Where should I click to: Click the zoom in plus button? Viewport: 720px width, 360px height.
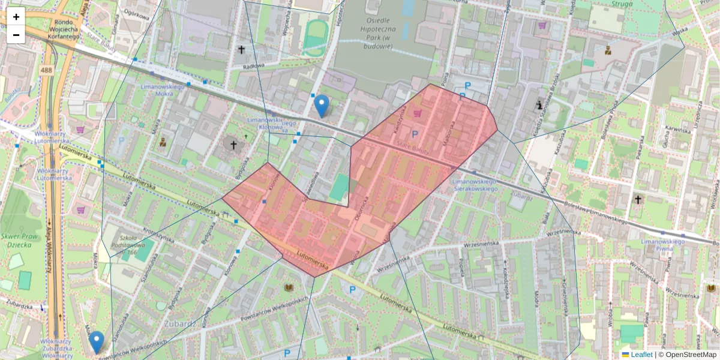pos(16,17)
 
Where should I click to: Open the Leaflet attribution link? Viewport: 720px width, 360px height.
pos(641,355)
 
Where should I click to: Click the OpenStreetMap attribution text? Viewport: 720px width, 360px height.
pos(690,355)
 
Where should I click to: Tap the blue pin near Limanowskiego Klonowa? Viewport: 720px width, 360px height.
pos(322,106)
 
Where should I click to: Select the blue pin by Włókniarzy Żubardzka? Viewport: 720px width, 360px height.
pos(96,342)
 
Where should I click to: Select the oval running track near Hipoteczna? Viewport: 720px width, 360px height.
pos(315,37)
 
